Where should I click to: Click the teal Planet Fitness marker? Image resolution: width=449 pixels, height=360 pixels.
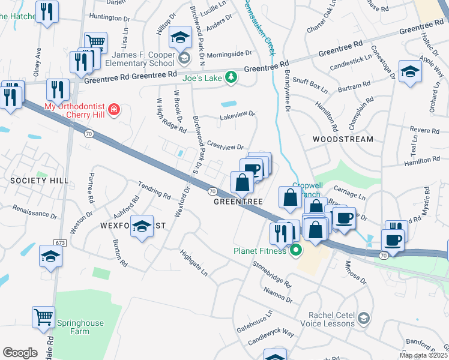(295, 250)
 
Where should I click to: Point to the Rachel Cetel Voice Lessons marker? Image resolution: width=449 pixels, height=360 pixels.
(363, 317)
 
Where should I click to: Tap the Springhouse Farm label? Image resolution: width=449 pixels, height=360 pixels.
(80, 327)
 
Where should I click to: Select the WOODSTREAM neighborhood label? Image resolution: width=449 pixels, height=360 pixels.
(343, 139)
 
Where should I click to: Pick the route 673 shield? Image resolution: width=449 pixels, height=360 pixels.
(59, 242)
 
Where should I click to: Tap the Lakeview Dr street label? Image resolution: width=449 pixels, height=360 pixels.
(238, 113)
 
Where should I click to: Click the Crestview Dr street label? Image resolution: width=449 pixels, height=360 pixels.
(225, 146)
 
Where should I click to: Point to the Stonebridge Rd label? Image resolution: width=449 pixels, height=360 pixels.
(272, 273)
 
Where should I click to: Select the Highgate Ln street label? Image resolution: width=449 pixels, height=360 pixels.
(193, 262)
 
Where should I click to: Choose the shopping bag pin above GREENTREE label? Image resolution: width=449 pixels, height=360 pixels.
(242, 182)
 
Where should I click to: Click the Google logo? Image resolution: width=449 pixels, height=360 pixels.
(20, 352)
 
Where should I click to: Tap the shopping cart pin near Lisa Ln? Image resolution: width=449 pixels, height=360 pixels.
(95, 43)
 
